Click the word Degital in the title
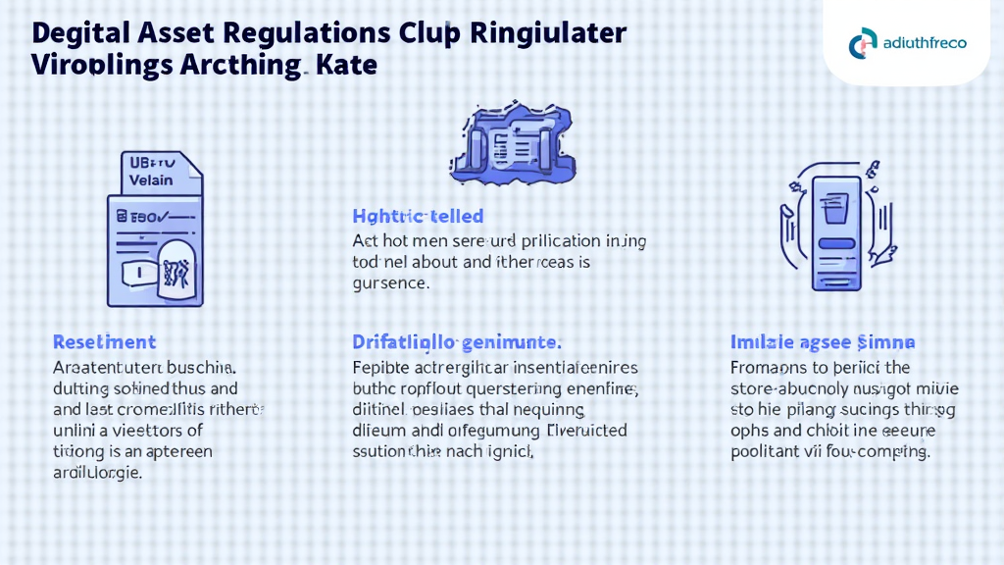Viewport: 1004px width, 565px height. [x=75, y=32]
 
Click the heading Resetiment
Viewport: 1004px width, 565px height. [x=104, y=342]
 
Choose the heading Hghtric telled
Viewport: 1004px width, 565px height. [x=418, y=216]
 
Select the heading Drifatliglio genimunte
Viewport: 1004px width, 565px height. [x=456, y=342]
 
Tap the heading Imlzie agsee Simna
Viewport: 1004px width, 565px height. [x=823, y=342]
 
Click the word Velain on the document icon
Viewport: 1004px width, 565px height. [x=151, y=180]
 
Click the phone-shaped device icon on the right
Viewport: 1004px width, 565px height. [x=834, y=232]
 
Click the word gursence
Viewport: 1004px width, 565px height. [x=390, y=284]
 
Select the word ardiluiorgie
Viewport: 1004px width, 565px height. [x=96, y=473]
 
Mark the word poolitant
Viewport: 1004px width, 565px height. [x=765, y=452]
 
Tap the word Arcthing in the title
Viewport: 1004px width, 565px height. [x=238, y=68]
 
